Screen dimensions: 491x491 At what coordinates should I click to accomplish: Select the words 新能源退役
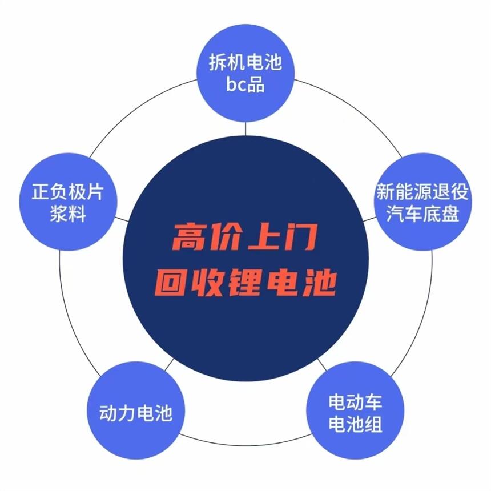coord(422,191)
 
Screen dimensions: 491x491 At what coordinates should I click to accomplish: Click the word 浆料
coord(67,214)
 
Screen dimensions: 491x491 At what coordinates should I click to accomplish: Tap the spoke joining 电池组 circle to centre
coord(322,364)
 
